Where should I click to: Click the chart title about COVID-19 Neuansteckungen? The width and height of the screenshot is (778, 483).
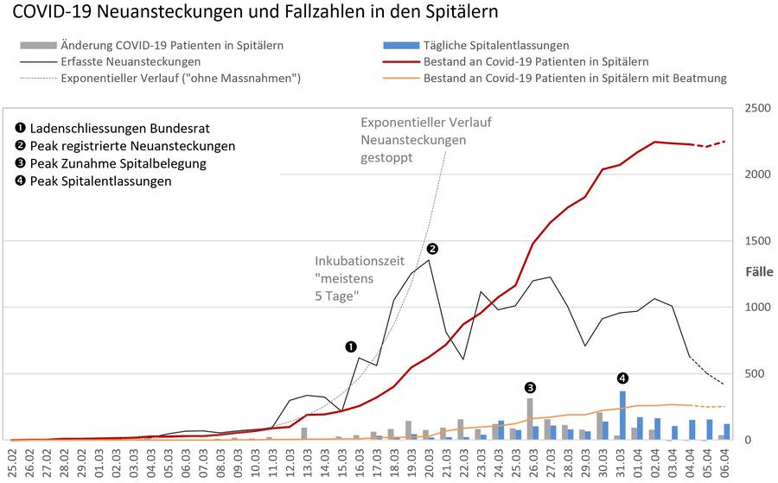coord(256,15)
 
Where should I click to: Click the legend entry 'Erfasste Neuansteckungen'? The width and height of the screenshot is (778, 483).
coord(131,61)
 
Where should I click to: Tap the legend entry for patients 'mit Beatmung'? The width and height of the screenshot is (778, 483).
coord(575,78)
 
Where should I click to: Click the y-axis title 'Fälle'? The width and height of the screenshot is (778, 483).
coord(761,271)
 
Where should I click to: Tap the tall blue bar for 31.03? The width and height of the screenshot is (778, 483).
coord(622,416)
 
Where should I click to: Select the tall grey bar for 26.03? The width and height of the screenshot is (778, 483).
coord(530,419)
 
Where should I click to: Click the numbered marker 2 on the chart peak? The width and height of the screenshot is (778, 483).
coord(432,248)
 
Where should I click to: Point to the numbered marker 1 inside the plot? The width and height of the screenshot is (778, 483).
coord(351,346)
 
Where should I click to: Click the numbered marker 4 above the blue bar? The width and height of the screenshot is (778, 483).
coord(622,378)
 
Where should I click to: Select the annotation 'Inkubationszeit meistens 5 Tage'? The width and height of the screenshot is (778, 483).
coord(359,277)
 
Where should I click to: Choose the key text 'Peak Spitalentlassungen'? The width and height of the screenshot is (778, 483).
coord(100,181)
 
